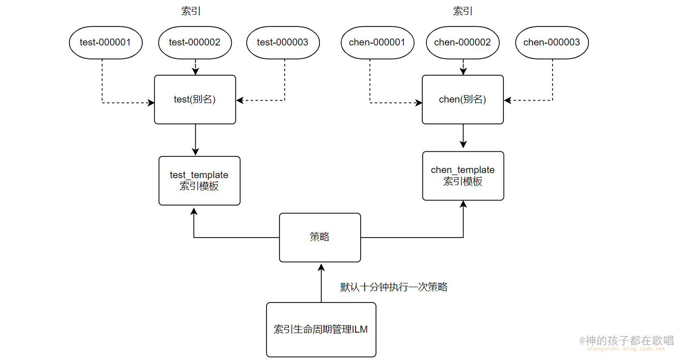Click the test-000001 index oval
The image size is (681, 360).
pos(105,43)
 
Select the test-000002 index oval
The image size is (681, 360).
pos(195,43)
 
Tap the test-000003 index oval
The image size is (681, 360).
pos(283,43)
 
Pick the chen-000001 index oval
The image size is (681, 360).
pos(377,43)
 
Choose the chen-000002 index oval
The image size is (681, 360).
pos(462,43)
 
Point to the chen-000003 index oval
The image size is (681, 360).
pos(552,43)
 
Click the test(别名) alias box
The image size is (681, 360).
pos(195,100)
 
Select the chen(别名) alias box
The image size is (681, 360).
pos(463,100)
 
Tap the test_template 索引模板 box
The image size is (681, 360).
pos(199,180)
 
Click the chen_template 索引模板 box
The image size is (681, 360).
pos(463,176)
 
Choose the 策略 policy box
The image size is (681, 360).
pos(320,237)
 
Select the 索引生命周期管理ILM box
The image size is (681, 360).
pos(321,329)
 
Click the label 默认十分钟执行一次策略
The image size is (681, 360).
pos(394,287)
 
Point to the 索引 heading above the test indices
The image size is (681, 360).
pos(191,12)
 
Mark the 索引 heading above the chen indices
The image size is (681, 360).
pos(463,12)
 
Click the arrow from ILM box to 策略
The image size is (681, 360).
pos(320,283)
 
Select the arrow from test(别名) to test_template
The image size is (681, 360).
pos(195,140)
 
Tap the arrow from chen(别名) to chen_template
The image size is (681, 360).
pos(463,136)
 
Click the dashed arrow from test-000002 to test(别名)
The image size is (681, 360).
pos(195,67)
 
